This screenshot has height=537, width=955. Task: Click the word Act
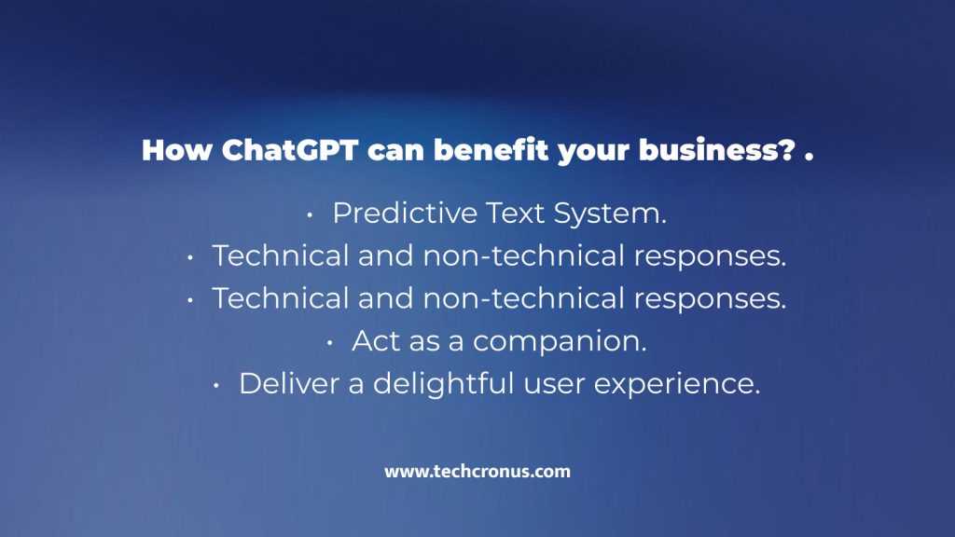[x=374, y=341]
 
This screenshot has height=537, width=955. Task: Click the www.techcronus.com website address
[x=477, y=472]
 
